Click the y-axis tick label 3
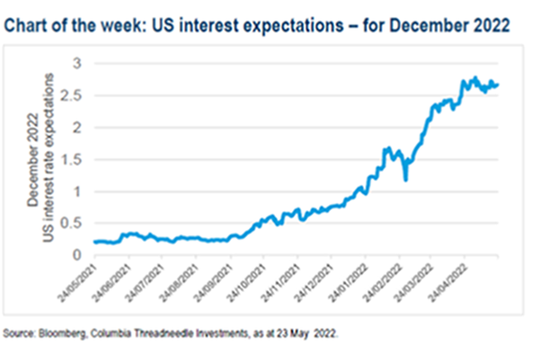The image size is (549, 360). (76, 63)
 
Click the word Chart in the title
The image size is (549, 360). (28, 26)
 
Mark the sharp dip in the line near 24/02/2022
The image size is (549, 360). (406, 180)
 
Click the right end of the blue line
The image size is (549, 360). (499, 85)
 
